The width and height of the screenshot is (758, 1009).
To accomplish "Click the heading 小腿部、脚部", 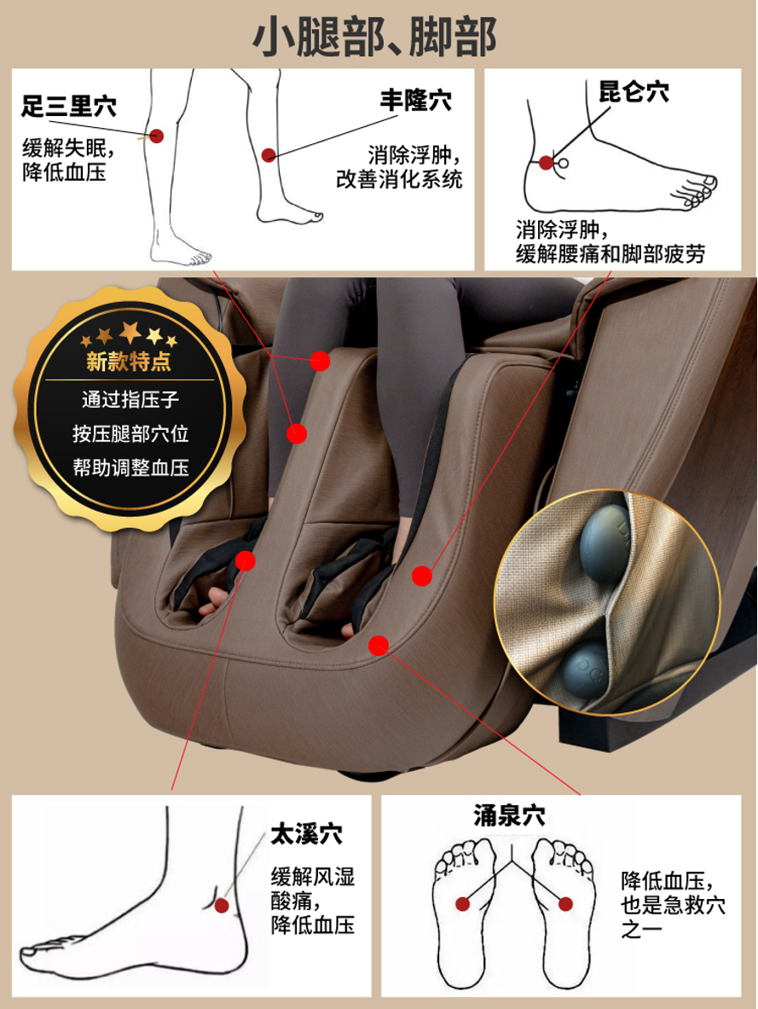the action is click(x=374, y=36).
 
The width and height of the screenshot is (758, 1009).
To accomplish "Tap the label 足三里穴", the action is click(x=69, y=106).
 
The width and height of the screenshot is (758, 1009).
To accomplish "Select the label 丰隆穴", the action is click(x=416, y=101).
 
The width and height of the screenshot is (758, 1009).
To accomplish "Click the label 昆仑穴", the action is click(x=634, y=91).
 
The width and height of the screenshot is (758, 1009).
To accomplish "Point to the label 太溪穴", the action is click(x=306, y=834).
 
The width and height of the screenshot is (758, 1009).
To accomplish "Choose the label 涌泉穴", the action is click(x=510, y=815).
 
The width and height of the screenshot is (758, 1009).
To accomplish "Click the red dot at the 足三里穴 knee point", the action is click(x=156, y=136).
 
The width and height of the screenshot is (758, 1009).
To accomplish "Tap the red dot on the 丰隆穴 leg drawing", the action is click(x=269, y=155).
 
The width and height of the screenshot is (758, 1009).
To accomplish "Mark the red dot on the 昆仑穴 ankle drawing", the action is click(x=547, y=163).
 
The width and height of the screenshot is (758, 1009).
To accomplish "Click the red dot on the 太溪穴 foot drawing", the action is click(x=222, y=906).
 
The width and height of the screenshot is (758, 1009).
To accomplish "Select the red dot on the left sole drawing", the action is click(x=463, y=904).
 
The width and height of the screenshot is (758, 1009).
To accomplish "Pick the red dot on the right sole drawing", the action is click(x=565, y=904).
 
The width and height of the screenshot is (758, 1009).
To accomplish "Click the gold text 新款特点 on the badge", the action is click(x=130, y=361).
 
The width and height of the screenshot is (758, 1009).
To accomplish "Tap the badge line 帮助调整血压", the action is click(x=130, y=467).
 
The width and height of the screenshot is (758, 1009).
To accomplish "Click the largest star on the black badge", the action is click(x=130, y=332).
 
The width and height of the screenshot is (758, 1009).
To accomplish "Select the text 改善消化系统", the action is click(x=399, y=179).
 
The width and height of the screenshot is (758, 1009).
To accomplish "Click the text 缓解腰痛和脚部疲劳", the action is click(x=610, y=253).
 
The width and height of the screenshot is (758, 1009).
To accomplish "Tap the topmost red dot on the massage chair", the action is click(x=320, y=361).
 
